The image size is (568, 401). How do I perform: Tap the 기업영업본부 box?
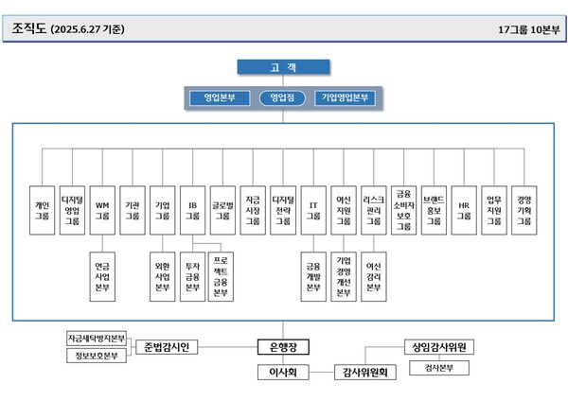click(x=346, y=97)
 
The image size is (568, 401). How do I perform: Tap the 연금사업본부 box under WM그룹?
click(x=101, y=275)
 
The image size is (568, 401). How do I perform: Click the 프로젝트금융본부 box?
click(x=222, y=275)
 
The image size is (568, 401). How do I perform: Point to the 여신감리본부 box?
click(x=373, y=275)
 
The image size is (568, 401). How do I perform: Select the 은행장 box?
click(x=283, y=347)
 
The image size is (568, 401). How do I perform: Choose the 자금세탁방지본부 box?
click(x=97, y=338)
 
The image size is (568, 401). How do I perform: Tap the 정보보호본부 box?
click(x=97, y=356)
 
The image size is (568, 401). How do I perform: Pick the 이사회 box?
click(x=283, y=373)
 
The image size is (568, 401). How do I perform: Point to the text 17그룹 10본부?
click(x=528, y=29)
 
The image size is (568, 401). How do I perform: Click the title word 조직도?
click(x=30, y=29)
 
